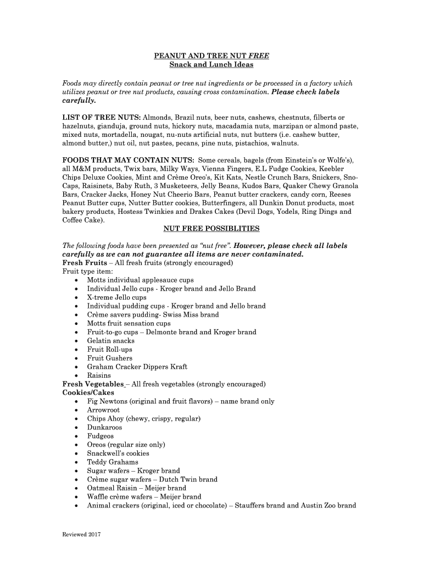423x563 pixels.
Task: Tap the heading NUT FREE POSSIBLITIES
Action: [x=211, y=228]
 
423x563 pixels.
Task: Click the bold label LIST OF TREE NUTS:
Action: [x=102, y=118]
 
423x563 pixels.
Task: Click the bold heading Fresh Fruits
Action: [x=85, y=263]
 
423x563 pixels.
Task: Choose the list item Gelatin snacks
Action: [x=110, y=341]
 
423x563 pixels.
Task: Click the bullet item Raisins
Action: [x=99, y=376]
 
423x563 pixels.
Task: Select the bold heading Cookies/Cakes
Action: [x=88, y=393]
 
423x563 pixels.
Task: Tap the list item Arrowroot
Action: [x=103, y=410]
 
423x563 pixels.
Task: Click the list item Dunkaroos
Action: [x=104, y=427]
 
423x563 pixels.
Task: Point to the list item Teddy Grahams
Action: [x=113, y=462]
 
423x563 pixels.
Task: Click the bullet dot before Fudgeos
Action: [x=75, y=437]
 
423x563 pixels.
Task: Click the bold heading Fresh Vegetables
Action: [x=93, y=384]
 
